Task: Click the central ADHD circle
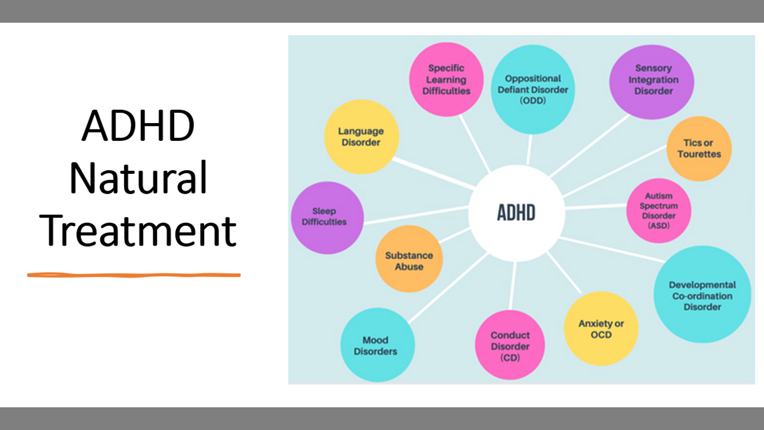tap(516, 213)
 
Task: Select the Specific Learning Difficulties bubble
tap(446, 79)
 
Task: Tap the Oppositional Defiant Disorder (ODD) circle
tap(532, 89)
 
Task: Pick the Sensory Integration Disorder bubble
tap(652, 80)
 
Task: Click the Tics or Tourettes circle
tap(698, 149)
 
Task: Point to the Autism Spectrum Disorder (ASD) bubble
tap(658, 211)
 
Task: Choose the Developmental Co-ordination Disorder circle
tap(702, 295)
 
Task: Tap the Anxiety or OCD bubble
tap(600, 328)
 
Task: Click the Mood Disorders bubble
tap(375, 345)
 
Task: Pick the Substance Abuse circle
tap(409, 260)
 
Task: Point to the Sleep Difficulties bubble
tap(326, 217)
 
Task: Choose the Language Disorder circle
tap(361, 137)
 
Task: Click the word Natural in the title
tap(138, 178)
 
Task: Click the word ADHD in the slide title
tap(138, 127)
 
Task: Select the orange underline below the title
tap(134, 275)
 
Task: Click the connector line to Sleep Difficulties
tap(418, 214)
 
